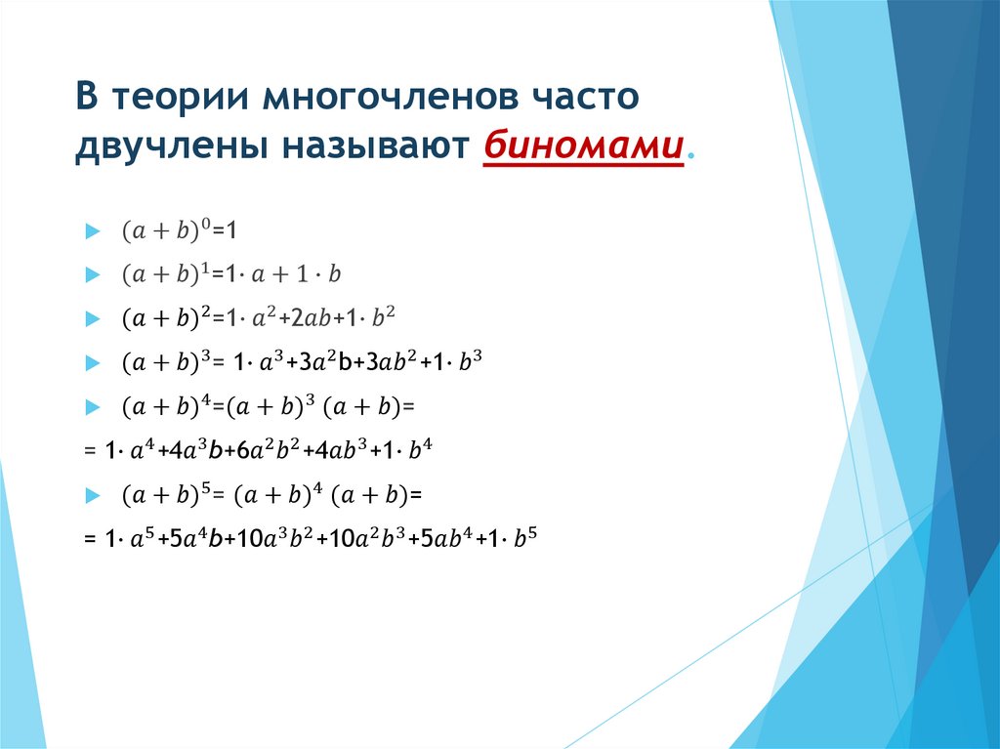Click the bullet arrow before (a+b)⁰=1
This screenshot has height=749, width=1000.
click(92, 231)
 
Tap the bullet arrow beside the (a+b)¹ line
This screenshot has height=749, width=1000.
click(92, 275)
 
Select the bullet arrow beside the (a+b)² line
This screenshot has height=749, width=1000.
click(92, 318)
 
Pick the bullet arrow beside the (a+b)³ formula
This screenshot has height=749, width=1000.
click(92, 362)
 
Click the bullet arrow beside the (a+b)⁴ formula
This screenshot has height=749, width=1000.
click(92, 405)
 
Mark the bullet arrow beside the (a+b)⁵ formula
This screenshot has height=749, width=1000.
click(92, 495)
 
